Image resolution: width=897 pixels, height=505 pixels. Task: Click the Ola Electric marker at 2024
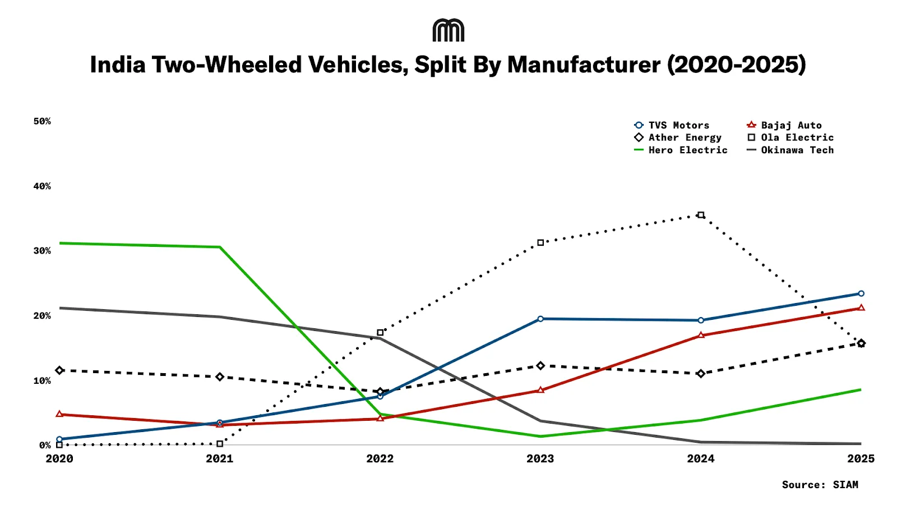(701, 215)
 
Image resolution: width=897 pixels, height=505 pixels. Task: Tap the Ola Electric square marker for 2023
(540, 243)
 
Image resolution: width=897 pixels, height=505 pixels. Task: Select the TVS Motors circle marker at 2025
(861, 293)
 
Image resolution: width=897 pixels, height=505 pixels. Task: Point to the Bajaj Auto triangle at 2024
(701, 336)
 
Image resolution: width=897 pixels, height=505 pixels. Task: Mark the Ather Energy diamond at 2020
(59, 370)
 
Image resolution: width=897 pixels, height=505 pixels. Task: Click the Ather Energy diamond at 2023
(540, 366)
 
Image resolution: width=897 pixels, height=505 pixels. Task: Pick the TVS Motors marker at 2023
(540, 319)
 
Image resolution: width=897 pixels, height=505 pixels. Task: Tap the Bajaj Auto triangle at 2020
(59, 414)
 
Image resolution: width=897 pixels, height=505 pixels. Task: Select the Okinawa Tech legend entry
(790, 150)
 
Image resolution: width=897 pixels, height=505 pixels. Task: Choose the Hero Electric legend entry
(681, 150)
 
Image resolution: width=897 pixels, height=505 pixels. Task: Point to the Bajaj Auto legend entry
(784, 125)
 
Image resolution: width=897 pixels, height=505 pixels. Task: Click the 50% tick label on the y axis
(42, 121)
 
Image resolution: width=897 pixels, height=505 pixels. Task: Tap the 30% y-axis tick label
(42, 251)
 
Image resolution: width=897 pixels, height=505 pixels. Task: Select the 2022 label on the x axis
(380, 458)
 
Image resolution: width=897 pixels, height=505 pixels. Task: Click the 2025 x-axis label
(861, 458)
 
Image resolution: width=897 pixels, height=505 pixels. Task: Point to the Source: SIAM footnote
(820, 485)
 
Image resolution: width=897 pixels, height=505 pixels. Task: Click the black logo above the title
(449, 30)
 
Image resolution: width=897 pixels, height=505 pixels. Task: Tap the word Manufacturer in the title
(584, 65)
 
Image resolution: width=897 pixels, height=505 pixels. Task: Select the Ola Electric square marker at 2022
(380, 333)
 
